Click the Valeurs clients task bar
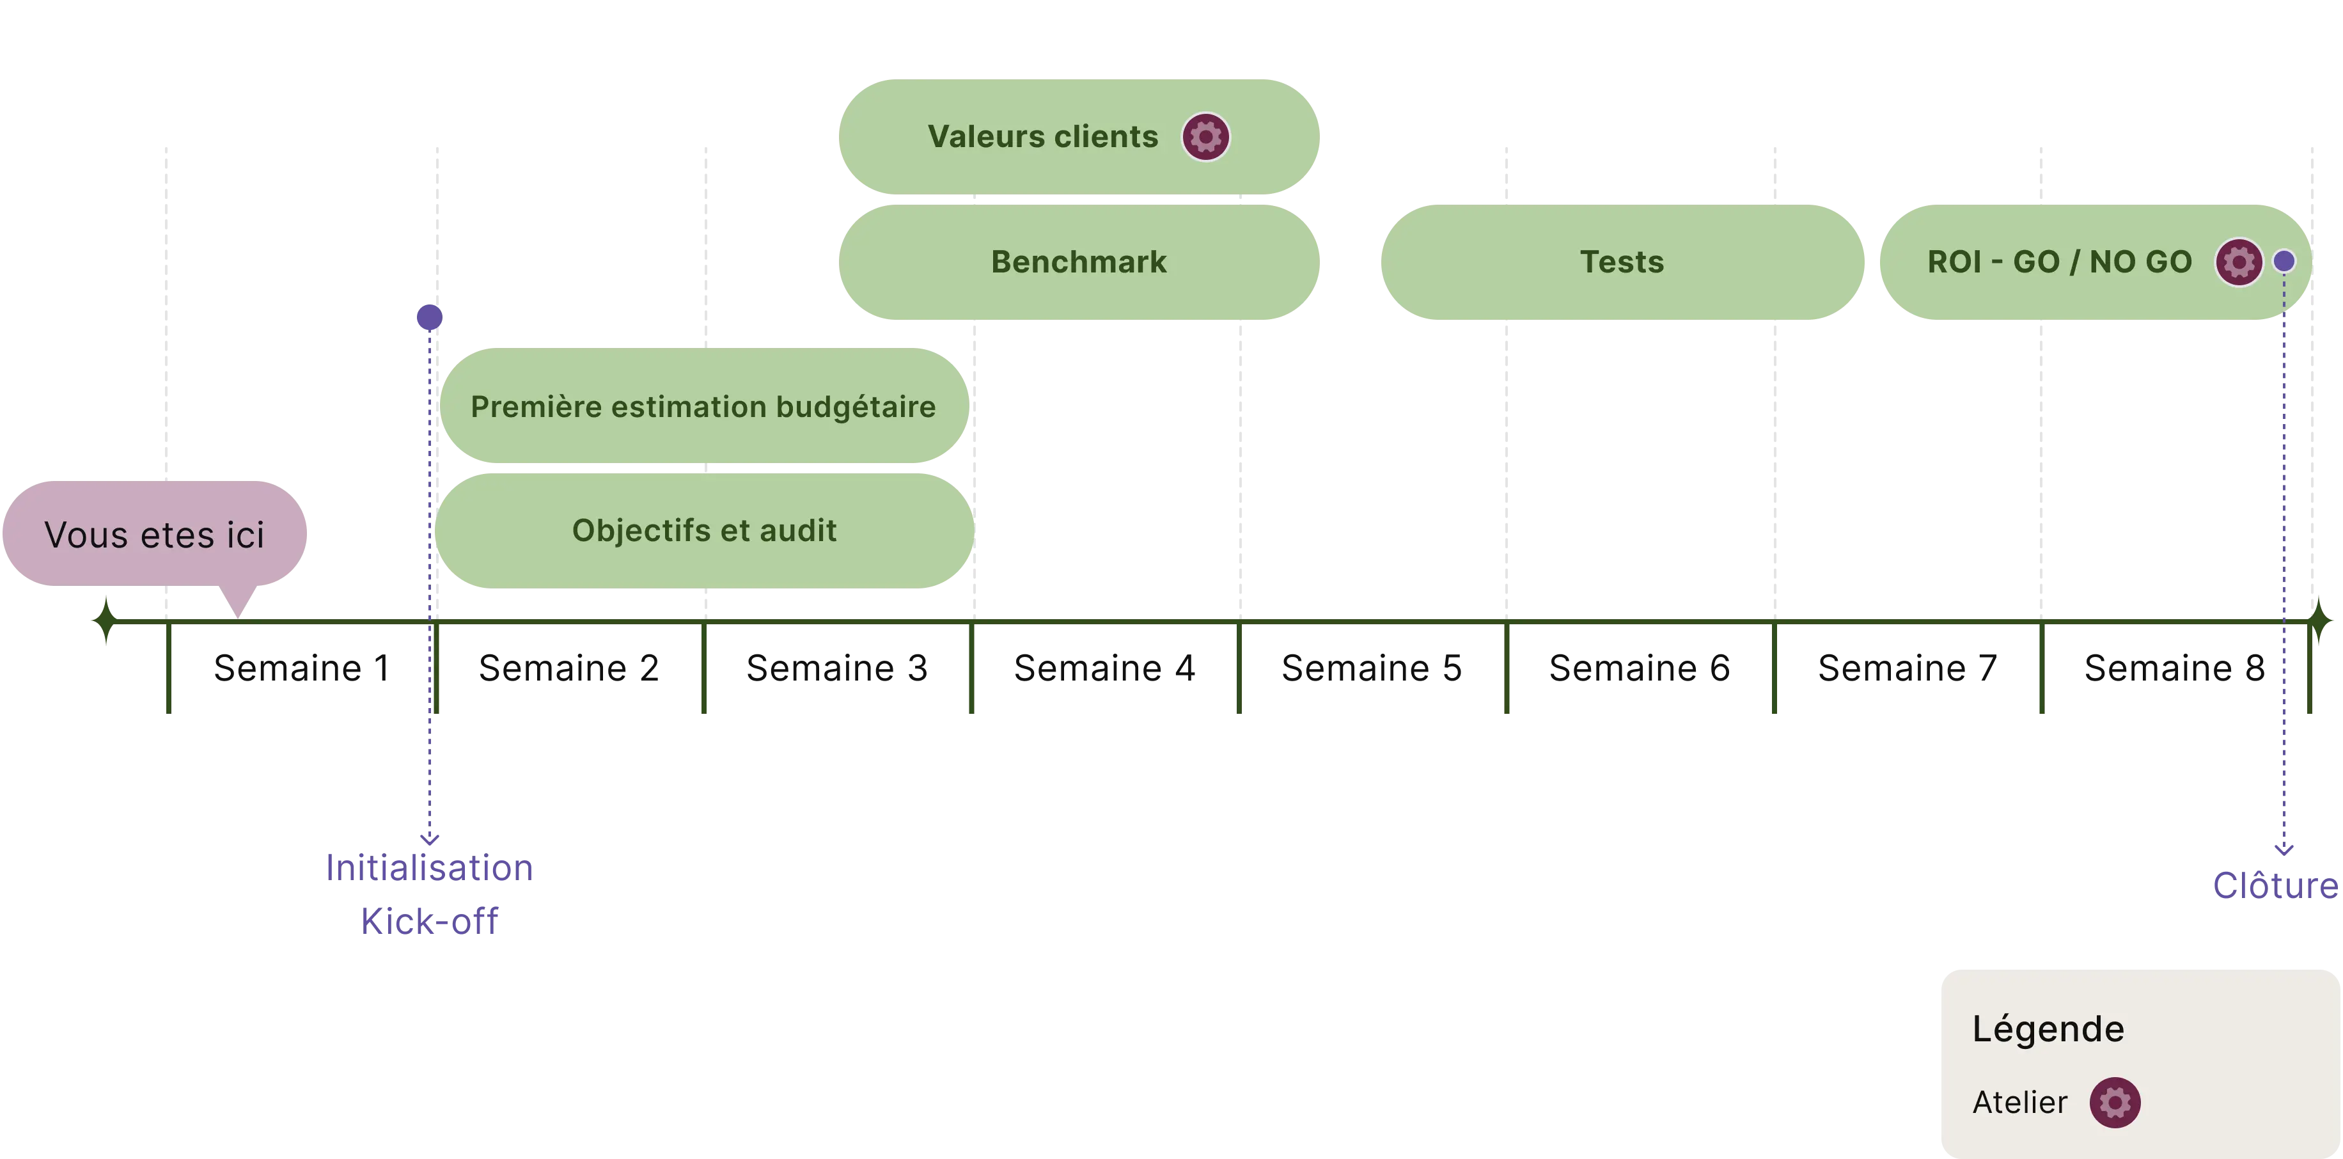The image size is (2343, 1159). pos(1042,136)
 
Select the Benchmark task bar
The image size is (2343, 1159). pos(1079,262)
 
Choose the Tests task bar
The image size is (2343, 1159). pos(1622,262)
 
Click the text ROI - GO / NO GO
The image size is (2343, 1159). pos(2059,262)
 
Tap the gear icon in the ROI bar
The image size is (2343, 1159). pos(2237,262)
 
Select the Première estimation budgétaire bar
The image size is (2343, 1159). pos(703,407)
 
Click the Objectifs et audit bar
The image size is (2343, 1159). pos(704,530)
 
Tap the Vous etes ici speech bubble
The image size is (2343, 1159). pos(155,535)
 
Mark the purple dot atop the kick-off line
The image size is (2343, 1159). pos(429,317)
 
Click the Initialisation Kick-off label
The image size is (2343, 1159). pos(429,894)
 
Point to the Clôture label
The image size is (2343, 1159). pos(2274,885)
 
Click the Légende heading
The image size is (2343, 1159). pos(2048,1029)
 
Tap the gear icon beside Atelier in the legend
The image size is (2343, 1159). pos(2115,1103)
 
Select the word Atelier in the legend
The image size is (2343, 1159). pos(2019,1103)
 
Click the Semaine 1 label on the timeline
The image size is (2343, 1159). pos(302,668)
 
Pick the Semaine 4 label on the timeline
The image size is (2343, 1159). pos(1103,668)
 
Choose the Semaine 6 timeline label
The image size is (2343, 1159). pos(1638,668)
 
